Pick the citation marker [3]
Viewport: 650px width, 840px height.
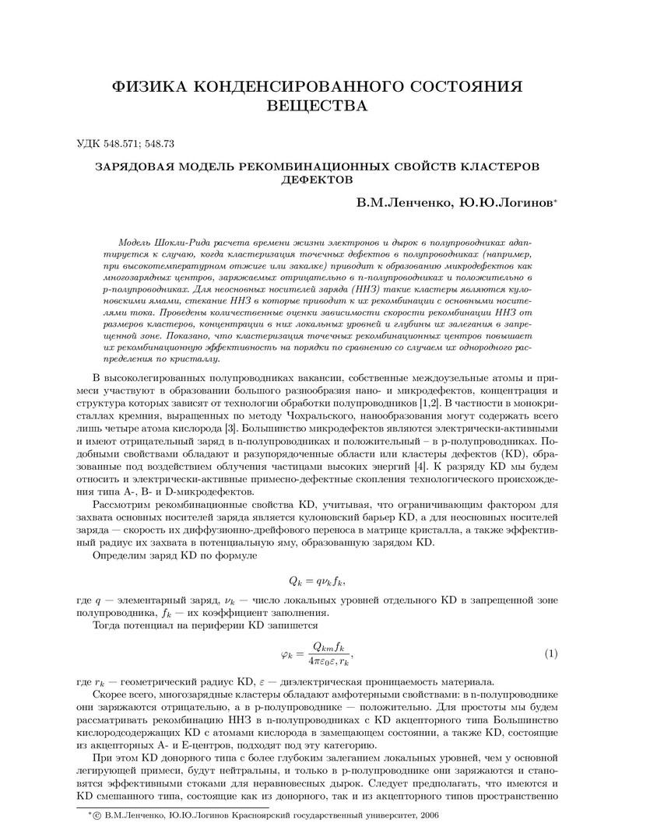pos(232,428)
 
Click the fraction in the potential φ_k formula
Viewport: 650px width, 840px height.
pos(331,654)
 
